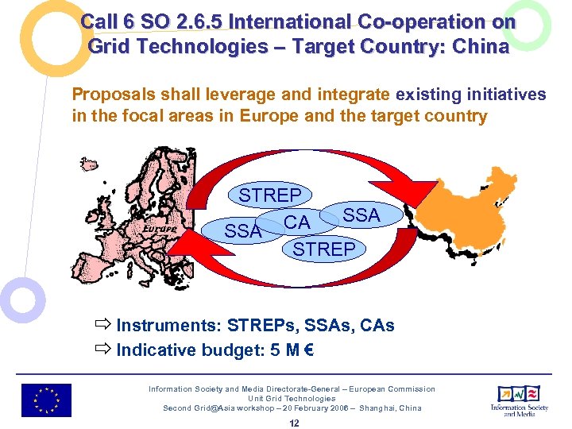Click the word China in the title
480,47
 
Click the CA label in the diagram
297,223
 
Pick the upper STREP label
270,195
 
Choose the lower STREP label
324,249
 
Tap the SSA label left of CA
242,231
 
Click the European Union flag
46,400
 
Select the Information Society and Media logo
520,400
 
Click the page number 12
294,423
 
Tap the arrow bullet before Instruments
102,326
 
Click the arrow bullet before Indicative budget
102,350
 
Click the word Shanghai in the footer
369,408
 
